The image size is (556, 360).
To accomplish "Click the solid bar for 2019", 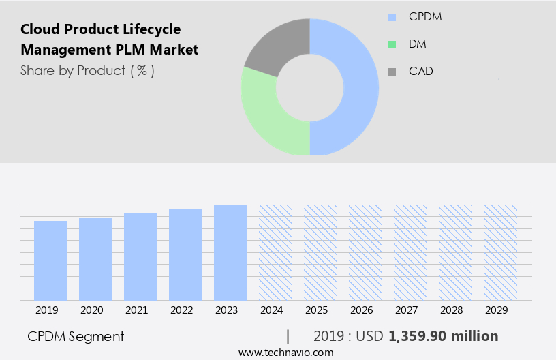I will [50, 260].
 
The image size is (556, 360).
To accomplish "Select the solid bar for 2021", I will [140, 257].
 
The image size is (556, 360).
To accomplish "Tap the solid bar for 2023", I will [230, 252].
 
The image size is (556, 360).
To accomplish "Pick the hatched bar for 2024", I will [275, 252].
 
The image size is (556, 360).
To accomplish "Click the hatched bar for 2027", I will [410, 252].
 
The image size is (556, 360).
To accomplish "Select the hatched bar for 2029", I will [500, 252].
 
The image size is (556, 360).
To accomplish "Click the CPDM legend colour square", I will [392, 17].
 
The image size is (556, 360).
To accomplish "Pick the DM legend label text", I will [418, 44].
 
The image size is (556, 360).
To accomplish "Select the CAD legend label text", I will [420, 71].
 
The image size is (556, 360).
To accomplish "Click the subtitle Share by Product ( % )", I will [87, 70].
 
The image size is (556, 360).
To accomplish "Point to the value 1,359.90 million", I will [443, 336].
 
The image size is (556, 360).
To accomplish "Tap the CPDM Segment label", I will [76, 336].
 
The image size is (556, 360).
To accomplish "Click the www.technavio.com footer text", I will [285, 352].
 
